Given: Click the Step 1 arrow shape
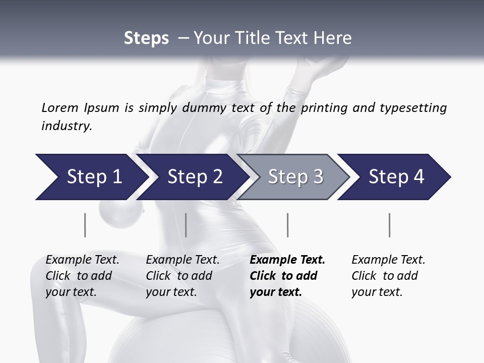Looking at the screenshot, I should (x=91, y=177).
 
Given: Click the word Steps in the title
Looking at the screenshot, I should (x=146, y=38).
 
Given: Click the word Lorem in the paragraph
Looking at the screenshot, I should (x=59, y=107).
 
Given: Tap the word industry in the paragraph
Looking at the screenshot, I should (x=67, y=126).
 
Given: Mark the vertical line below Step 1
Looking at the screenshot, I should (x=85, y=225).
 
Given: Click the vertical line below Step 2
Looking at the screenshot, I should (x=186, y=225).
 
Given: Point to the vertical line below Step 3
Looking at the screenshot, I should (x=287, y=225).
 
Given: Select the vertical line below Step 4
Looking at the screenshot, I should (x=389, y=225).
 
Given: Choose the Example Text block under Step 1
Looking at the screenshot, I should (x=82, y=275).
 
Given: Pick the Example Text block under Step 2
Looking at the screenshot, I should (x=183, y=275).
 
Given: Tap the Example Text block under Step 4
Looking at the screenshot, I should (x=388, y=275).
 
